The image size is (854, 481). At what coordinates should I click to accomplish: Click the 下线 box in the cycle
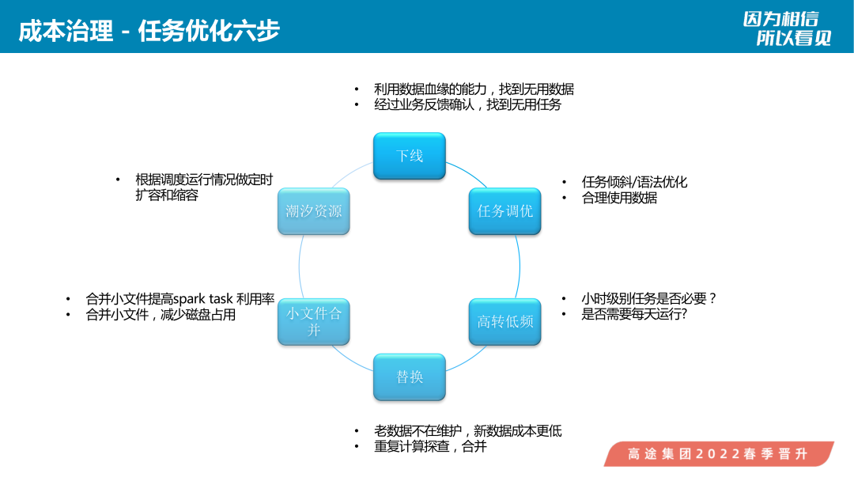(410, 156)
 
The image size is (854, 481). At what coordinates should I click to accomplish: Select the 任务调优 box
(504, 211)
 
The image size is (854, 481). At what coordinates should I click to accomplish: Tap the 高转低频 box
(504, 321)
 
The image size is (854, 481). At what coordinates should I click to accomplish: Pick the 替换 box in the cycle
(410, 377)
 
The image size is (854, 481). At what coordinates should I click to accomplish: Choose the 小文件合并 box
(314, 321)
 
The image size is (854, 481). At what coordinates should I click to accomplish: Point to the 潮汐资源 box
(314, 211)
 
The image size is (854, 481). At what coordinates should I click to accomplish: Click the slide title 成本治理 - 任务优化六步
(149, 31)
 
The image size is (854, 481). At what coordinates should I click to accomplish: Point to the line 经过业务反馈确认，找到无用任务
(467, 104)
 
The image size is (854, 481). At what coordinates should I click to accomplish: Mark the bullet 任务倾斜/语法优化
(634, 182)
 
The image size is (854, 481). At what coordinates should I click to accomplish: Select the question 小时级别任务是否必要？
(649, 298)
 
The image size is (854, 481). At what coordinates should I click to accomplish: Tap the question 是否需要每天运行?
(634, 314)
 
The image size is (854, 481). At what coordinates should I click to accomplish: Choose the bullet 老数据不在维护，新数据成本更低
(467, 431)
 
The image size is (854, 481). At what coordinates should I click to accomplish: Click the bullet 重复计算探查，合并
(430, 447)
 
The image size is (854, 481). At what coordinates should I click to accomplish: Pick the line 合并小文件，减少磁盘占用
(161, 315)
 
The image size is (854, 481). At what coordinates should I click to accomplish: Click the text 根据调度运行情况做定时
(204, 180)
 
